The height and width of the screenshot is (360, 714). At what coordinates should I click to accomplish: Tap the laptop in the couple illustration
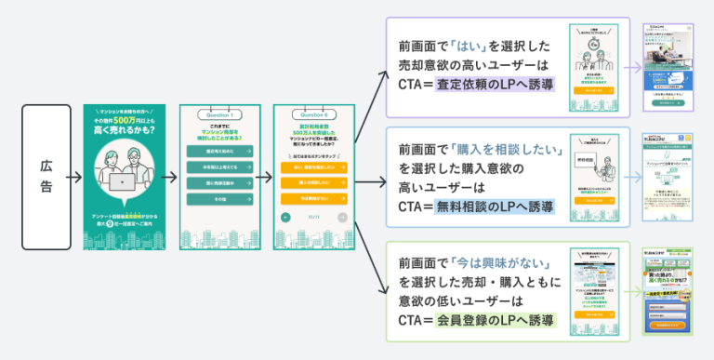122,181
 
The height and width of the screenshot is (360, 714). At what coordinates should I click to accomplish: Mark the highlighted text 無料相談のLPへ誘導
495,207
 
